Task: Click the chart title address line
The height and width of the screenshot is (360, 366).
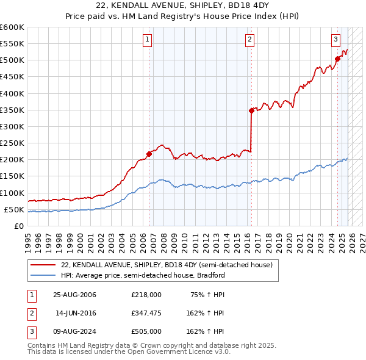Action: pos(182,5)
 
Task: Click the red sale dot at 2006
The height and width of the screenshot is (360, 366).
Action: pos(149,154)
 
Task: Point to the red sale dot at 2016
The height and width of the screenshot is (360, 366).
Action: pos(251,110)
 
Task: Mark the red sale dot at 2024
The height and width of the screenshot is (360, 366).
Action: pos(337,59)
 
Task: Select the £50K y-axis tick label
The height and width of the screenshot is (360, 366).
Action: pos(14,209)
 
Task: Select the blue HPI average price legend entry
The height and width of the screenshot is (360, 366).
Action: pos(143,275)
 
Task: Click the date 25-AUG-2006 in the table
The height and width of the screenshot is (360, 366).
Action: pos(74,295)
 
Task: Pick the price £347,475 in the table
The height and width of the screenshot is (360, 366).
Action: pos(146,313)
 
